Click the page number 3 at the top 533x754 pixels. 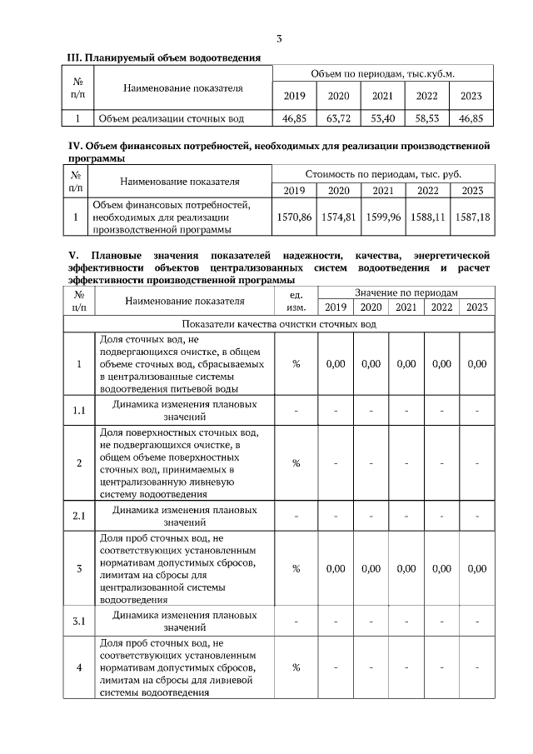(279, 38)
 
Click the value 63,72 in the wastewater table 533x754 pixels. (338, 119)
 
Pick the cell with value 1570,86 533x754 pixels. (294, 217)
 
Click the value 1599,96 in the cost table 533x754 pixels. (383, 217)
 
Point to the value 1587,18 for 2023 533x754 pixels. (472, 217)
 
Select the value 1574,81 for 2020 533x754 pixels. (338, 217)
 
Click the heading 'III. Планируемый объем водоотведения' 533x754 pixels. (164, 57)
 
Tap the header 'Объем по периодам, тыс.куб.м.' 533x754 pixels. (382, 74)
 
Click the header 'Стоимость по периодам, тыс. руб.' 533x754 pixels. (382, 175)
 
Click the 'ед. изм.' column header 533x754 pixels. (295, 301)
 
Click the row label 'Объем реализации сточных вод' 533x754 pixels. (172, 119)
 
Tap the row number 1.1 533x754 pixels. (79, 410)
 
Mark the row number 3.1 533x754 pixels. (79, 622)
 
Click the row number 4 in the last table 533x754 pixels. (79, 668)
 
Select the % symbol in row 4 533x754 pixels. (295, 668)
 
